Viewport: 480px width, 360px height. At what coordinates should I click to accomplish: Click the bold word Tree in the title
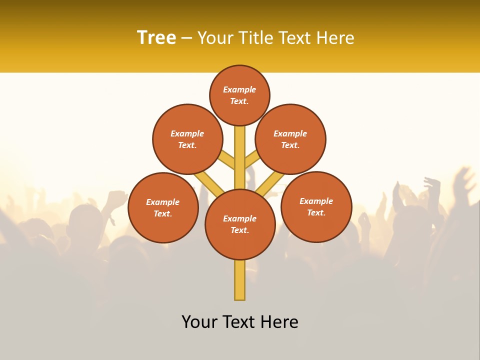tap(156, 38)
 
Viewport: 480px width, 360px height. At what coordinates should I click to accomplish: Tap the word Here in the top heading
tap(335, 38)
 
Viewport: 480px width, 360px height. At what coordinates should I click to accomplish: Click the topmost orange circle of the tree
tap(239, 95)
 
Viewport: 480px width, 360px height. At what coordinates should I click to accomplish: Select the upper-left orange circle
tap(187, 139)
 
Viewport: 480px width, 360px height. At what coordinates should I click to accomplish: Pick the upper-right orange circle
tap(290, 139)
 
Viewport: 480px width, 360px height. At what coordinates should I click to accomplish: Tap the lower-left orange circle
tap(163, 207)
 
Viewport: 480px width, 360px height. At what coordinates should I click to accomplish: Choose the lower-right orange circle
tap(316, 206)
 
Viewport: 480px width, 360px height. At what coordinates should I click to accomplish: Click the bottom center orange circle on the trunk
tap(240, 224)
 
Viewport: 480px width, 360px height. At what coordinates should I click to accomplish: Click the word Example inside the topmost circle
tap(239, 90)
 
